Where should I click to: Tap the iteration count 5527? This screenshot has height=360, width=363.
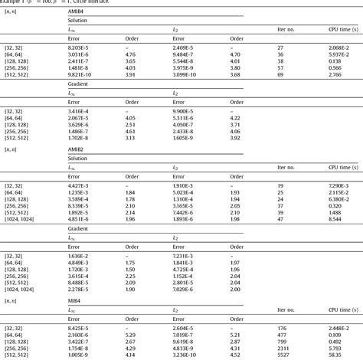283,355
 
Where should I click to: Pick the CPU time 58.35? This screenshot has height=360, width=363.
335,355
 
